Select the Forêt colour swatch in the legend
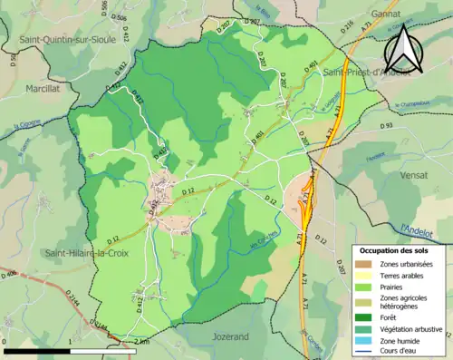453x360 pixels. pyautogui.click(x=367, y=318)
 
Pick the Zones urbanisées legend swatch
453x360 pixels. pyautogui.click(x=367, y=263)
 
